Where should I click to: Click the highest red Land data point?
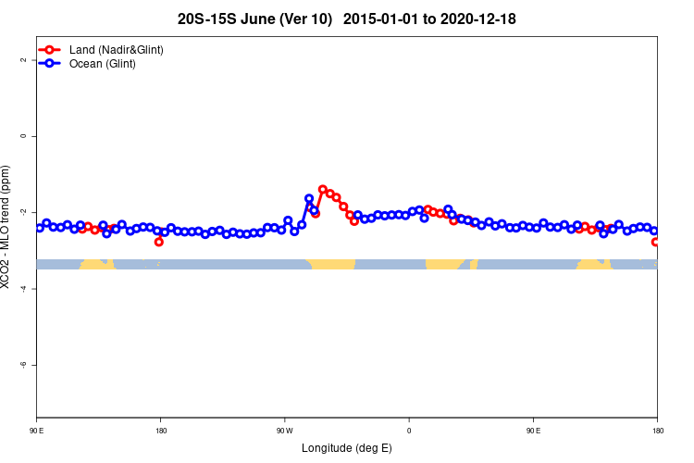pyautogui.click(x=323, y=189)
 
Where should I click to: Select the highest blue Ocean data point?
pyautogui.click(x=309, y=198)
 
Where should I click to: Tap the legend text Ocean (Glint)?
pyautogui.click(x=103, y=64)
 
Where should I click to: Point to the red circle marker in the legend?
pyautogui.click(x=49, y=49)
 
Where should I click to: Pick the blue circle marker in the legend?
pyautogui.click(x=49, y=64)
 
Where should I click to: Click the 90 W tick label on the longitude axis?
pyautogui.click(x=284, y=431)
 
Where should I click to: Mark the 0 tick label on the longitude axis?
pyautogui.click(x=409, y=431)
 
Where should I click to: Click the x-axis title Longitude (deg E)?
pyautogui.click(x=347, y=448)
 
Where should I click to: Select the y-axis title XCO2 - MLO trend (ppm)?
pyautogui.click(x=8, y=227)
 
